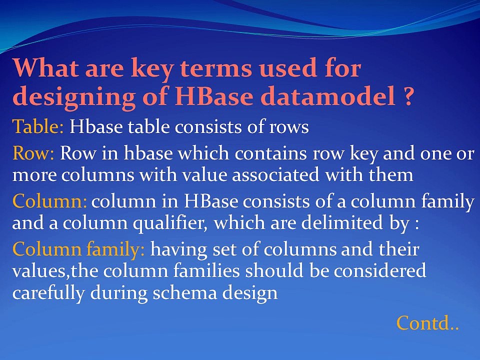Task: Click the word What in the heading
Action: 45,67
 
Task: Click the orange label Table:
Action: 38,126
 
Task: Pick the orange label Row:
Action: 33,153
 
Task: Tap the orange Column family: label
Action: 78,249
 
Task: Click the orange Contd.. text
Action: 427,322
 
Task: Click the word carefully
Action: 48,294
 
